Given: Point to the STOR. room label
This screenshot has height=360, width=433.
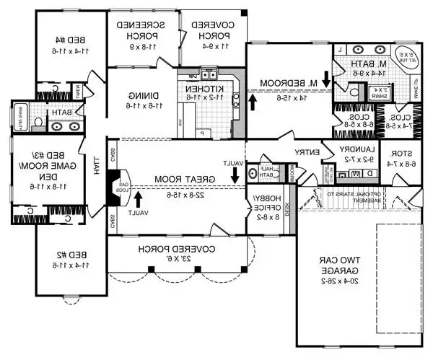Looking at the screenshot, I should pos(396,154).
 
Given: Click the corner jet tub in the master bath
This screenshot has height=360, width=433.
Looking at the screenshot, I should pos(406,58).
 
